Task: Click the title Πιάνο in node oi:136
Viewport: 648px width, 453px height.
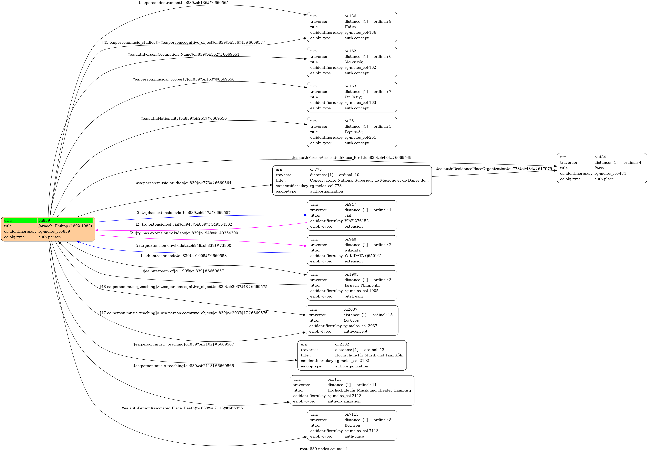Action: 350,27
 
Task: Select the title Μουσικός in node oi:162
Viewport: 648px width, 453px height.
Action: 354,62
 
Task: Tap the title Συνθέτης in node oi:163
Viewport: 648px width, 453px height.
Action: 353,97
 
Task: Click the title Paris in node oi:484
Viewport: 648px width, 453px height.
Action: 599,168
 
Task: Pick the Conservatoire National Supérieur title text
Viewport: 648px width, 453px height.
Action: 369,180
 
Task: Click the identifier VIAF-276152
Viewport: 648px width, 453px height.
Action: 356,221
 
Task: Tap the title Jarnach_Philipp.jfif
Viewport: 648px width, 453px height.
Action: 362,285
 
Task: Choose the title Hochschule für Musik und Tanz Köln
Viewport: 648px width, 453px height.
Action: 369,355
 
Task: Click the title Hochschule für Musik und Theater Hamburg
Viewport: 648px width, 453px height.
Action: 369,390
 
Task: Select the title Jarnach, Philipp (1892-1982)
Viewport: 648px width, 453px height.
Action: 65,226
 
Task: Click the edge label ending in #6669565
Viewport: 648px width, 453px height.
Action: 183,3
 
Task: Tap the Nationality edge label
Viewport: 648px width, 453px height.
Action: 183,119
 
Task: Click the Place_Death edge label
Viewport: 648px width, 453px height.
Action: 183,408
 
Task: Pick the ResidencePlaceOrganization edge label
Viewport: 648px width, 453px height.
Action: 494,169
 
